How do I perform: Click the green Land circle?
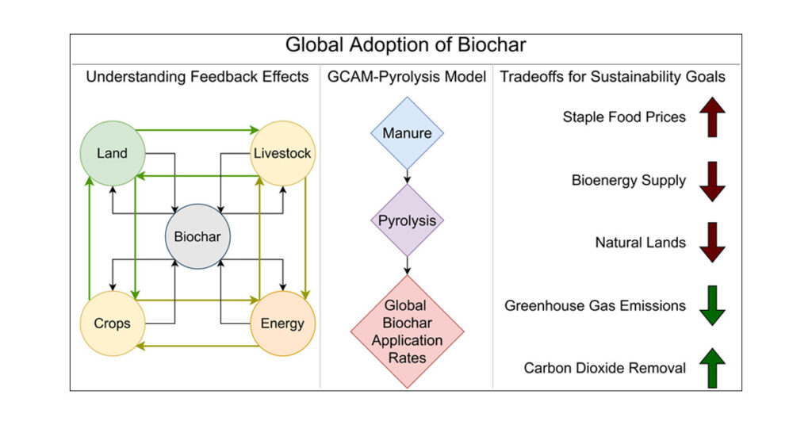[x=113, y=153]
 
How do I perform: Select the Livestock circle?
[x=283, y=153]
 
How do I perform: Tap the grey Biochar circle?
[x=197, y=236]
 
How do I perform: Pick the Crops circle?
[x=113, y=324]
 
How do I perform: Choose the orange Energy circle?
[x=283, y=324]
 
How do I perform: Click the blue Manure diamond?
[x=407, y=133]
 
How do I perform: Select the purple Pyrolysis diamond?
[x=407, y=220]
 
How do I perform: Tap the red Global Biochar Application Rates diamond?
[x=407, y=331]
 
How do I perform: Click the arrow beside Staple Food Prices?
[x=713, y=117]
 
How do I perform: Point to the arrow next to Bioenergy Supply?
[x=713, y=182]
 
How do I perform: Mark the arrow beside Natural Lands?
[x=713, y=243]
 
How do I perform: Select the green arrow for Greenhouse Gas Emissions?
[x=713, y=305]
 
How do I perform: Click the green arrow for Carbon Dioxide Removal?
[x=713, y=368]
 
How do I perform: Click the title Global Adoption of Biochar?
[x=405, y=45]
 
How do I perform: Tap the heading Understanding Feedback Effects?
[x=197, y=77]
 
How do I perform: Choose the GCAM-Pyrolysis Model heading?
[x=407, y=77]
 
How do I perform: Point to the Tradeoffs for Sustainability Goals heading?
[x=613, y=77]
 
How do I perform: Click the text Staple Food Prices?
[x=624, y=117]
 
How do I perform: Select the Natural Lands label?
[x=641, y=243]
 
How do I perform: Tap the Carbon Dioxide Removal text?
[x=605, y=368]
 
